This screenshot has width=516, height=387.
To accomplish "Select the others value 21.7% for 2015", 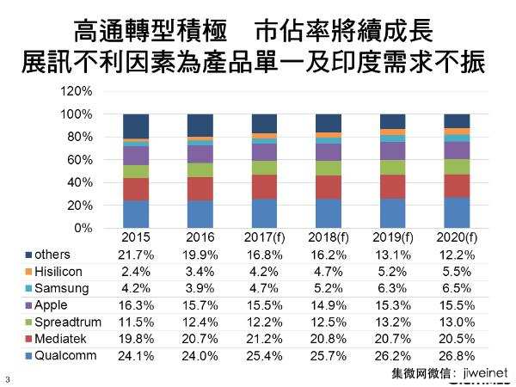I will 136,255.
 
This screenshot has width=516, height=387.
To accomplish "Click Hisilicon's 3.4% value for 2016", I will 200,271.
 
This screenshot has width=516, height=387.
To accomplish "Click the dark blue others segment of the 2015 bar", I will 136,126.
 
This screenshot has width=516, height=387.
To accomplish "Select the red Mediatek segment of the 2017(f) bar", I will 264,187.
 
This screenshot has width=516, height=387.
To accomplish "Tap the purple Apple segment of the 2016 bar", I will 200,154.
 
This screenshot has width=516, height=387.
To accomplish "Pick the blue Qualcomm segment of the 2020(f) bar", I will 458,212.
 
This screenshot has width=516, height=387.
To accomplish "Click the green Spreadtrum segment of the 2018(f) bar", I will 329,168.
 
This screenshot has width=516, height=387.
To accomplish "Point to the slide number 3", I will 8,379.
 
